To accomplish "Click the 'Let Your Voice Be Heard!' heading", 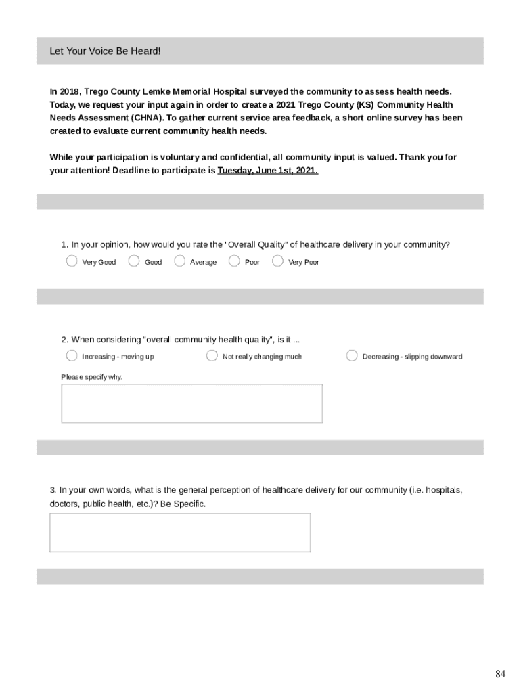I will pyautogui.click(x=105, y=51).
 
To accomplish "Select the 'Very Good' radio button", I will pyautogui.click(x=72, y=261).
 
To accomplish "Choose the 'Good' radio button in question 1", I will pyautogui.click(x=134, y=261).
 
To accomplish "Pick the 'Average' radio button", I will pyautogui.click(x=179, y=261).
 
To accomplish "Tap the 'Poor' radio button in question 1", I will pyautogui.click(x=234, y=261).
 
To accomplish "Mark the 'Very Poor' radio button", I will pyautogui.click(x=277, y=261).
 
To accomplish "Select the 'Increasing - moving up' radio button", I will pyautogui.click(x=72, y=356).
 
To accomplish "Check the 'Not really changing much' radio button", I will pyautogui.click(x=212, y=356).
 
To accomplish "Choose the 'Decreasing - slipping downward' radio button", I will pyautogui.click(x=352, y=356).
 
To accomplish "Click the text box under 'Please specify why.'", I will pyautogui.click(x=191, y=403).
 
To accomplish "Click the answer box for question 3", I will pyautogui.click(x=180, y=532).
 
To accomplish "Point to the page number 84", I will pyautogui.click(x=500, y=673).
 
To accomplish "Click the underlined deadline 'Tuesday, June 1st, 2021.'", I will pyautogui.click(x=267, y=171).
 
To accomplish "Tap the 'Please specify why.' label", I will pyautogui.click(x=92, y=377).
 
